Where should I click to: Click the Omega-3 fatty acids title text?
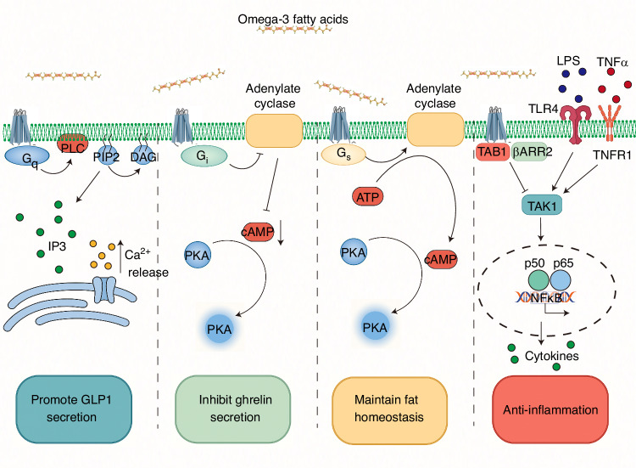293,19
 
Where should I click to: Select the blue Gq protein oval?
27,156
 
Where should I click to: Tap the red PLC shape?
72,144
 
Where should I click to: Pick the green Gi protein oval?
204,156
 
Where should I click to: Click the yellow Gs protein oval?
343,155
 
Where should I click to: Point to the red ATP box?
367,197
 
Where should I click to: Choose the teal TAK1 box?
542,206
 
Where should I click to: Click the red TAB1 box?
492,152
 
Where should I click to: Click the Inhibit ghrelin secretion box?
233,409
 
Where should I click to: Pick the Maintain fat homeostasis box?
389,409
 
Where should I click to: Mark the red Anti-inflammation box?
550,409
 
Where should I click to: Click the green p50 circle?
538,281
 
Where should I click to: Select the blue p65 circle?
561,281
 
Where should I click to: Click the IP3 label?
57,246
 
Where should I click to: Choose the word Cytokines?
552,356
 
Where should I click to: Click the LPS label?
568,61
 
